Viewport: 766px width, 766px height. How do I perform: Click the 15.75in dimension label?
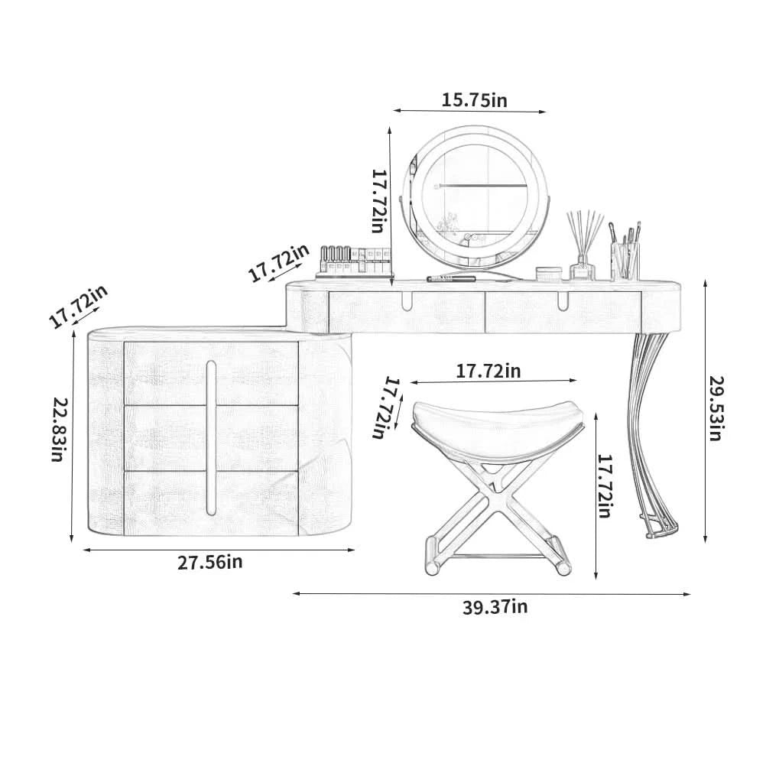point(474,100)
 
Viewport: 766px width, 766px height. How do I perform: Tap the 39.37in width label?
point(495,607)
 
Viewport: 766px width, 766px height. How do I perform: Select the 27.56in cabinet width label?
point(209,563)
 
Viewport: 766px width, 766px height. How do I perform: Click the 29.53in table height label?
point(716,408)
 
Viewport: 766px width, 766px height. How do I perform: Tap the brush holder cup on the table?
point(625,261)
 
